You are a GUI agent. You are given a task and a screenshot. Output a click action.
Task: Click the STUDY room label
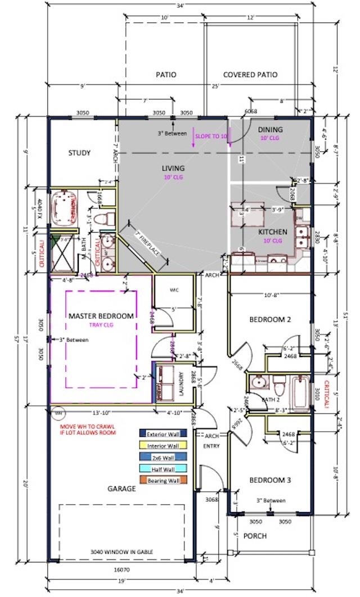[x=80, y=153]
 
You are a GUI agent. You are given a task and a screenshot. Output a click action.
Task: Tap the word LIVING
[x=173, y=168]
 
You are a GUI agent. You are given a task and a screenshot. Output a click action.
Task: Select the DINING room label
[x=271, y=130]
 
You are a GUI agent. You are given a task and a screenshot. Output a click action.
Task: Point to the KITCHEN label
[x=273, y=232]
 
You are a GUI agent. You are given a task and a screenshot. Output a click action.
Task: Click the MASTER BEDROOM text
[x=101, y=316]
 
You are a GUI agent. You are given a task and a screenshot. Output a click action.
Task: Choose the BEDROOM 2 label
[x=270, y=319]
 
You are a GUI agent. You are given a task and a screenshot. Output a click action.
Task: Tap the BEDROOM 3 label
[x=271, y=481]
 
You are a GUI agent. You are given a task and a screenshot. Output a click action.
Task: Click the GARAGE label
[x=122, y=489]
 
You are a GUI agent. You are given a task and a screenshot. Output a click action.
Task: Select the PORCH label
[x=255, y=536]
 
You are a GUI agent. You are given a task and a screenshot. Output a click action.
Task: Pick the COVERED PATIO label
[x=250, y=75]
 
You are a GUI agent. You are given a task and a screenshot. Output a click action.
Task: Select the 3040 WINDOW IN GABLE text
[x=122, y=551]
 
